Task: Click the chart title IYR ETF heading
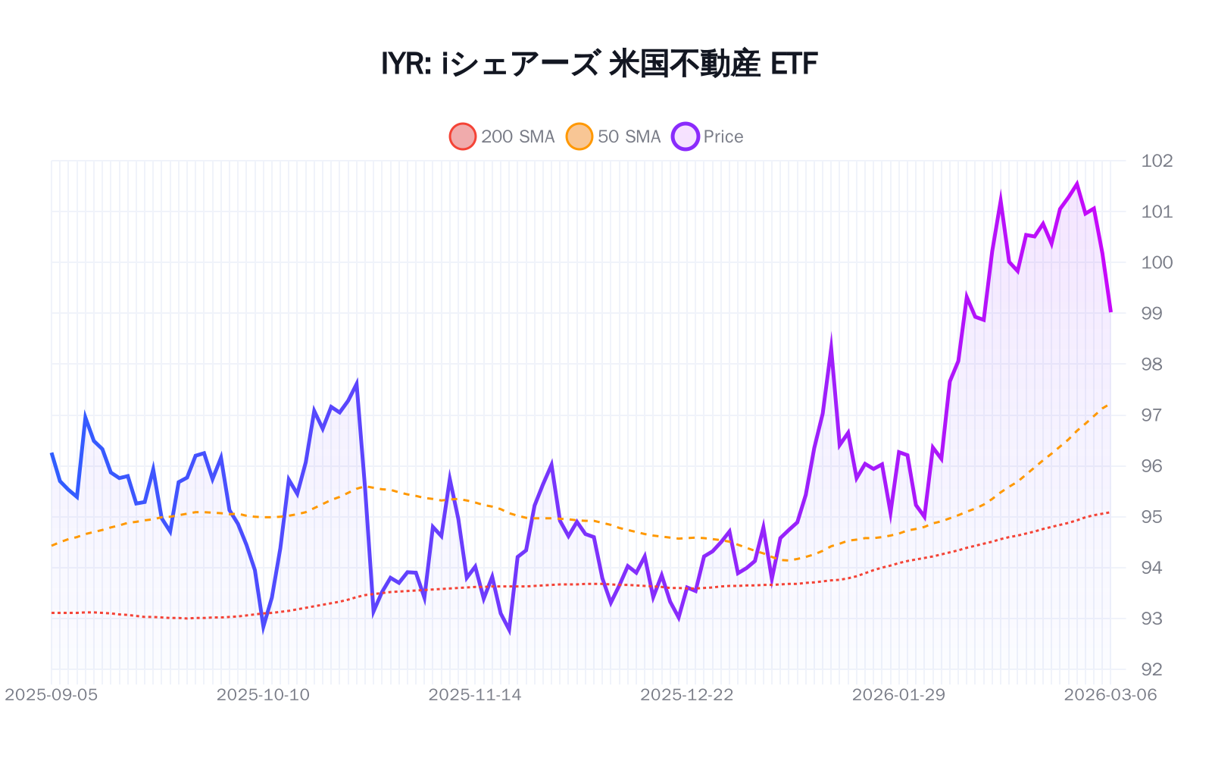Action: click(x=599, y=64)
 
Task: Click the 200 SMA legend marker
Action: click(x=462, y=136)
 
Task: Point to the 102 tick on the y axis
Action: click(x=1157, y=161)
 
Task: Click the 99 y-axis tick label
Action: click(x=1157, y=313)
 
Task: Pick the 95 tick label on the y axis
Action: click(x=1157, y=517)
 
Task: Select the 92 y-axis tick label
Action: click(x=1157, y=669)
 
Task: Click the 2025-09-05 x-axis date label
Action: click(x=52, y=695)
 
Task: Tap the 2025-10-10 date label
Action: click(x=263, y=695)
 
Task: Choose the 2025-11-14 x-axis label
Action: click(x=475, y=695)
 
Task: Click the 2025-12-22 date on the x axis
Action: click(x=687, y=695)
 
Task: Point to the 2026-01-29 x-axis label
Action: click(x=898, y=695)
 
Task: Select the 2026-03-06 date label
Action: click(x=1110, y=695)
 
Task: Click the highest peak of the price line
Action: click(x=1076, y=184)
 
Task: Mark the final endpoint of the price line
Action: click(x=1110, y=312)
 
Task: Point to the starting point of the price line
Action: click(x=52, y=453)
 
